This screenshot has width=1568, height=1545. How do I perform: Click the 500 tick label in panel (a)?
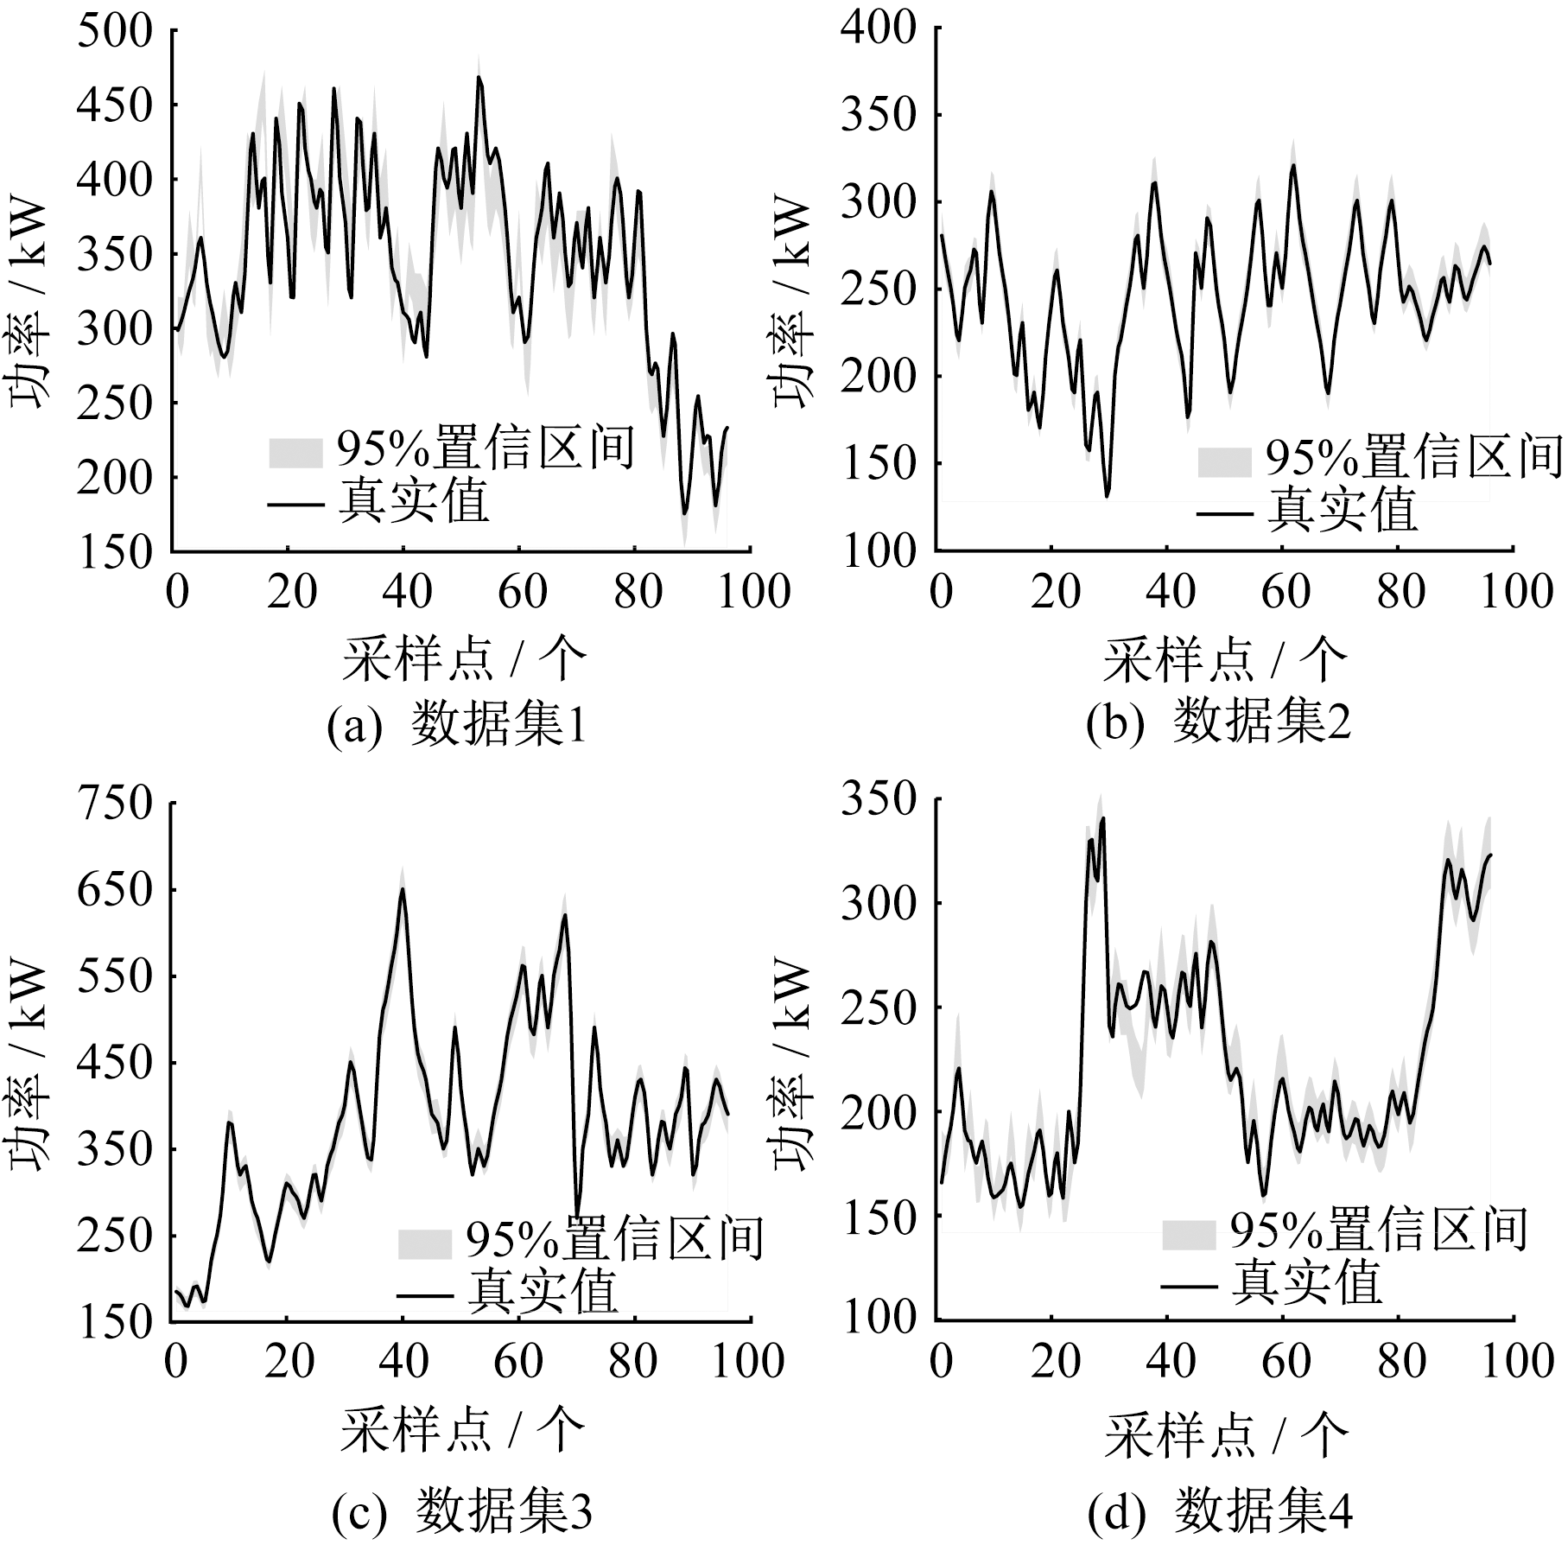(x=115, y=33)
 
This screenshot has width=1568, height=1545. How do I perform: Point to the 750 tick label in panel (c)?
(x=115, y=804)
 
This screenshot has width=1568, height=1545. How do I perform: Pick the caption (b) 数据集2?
(x=1219, y=724)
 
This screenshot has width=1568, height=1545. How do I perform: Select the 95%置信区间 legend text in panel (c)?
(x=614, y=1241)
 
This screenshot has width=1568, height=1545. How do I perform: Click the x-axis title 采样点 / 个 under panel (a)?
(x=464, y=660)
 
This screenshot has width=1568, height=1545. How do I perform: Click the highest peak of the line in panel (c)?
(x=403, y=889)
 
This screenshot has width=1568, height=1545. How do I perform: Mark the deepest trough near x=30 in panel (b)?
(x=1107, y=496)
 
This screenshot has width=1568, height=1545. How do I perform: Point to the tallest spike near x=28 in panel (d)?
(x=1103, y=817)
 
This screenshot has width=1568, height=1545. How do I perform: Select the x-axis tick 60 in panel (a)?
(x=523, y=593)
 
